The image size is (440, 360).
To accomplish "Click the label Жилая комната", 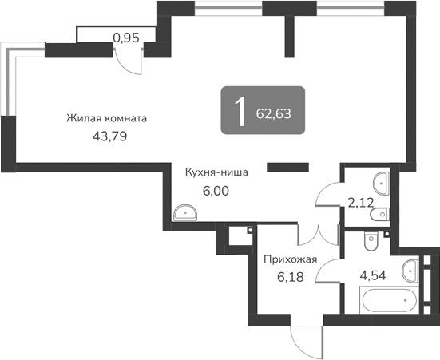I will coord(107,118).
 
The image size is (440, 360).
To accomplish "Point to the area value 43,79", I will coord(109,136).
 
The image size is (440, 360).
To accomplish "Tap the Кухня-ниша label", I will coord(216,171).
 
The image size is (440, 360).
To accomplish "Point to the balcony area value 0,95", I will coord(125,36).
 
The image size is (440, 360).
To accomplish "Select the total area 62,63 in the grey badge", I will coord(273,113).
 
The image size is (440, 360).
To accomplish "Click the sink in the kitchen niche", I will coord(185,212).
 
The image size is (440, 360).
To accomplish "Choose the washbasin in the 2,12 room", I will coord(382,183).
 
